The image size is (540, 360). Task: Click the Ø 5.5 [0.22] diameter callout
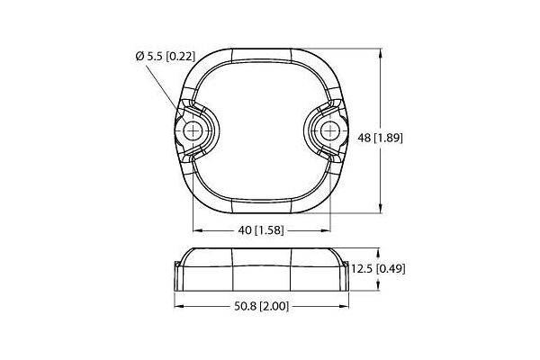point(162,57)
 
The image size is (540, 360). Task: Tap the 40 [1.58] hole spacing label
point(261,229)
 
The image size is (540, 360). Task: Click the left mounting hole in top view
point(191,131)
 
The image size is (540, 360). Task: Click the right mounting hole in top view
point(332,131)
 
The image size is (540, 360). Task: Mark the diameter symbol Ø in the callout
point(139,57)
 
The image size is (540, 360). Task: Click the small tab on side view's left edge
point(175,264)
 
